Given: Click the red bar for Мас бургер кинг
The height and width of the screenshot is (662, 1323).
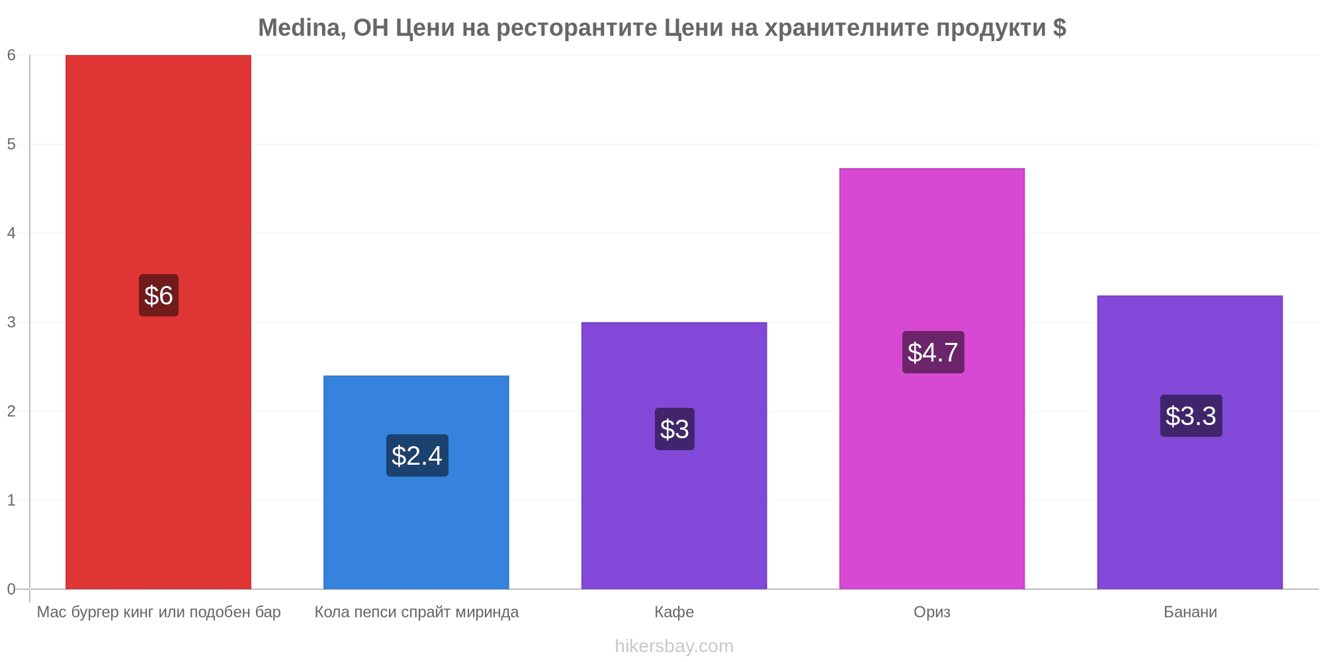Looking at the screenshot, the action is click(x=158, y=322).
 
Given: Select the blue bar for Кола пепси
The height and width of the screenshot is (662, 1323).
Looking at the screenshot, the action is click(x=416, y=482).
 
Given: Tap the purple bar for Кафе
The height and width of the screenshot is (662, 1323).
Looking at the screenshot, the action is click(x=674, y=455).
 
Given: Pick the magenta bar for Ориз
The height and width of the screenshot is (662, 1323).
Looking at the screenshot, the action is click(x=932, y=379).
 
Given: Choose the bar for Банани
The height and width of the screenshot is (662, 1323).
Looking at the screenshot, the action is click(x=1190, y=442).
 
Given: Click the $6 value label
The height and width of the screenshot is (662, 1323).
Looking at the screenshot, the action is click(x=159, y=295).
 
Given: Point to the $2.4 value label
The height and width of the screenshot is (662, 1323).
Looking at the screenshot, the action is click(x=417, y=455).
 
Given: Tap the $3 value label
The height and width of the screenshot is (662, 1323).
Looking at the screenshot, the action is click(x=675, y=429).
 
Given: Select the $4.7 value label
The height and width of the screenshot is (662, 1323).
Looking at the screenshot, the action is click(x=933, y=352).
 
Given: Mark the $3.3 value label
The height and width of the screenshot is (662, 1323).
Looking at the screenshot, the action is click(x=1191, y=416).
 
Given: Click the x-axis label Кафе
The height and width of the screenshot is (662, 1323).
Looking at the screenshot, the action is click(x=674, y=612).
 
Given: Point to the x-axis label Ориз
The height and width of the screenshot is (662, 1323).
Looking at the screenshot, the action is click(x=932, y=612).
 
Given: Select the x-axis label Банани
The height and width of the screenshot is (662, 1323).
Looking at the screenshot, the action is click(x=1190, y=612).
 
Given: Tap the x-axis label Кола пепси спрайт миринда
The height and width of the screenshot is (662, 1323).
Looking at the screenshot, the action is click(x=417, y=612).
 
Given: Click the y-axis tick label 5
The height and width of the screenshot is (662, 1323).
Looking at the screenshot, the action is click(x=11, y=144).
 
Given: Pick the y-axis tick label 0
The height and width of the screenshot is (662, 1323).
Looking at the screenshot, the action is click(x=11, y=589).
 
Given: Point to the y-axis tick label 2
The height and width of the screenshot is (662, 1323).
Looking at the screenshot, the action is click(x=11, y=411).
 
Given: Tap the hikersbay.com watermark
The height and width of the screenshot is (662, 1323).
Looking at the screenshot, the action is click(x=674, y=646).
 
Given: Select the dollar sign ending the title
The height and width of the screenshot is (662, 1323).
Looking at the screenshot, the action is click(x=1059, y=28).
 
